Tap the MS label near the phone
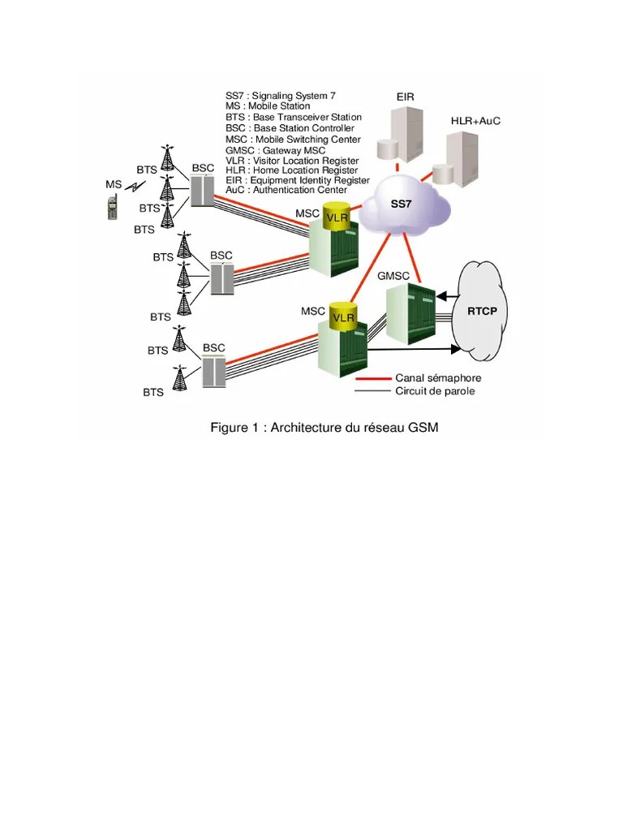pos(114,184)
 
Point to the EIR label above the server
pos(406,97)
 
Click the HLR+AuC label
pos(475,121)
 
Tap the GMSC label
pos(393,276)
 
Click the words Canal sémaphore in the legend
pos(438,377)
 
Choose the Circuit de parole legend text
pos(435,391)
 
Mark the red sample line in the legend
pos(372,378)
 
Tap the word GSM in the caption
pos(423,428)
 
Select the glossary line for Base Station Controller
pos(290,128)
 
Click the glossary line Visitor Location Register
pos(292,161)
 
